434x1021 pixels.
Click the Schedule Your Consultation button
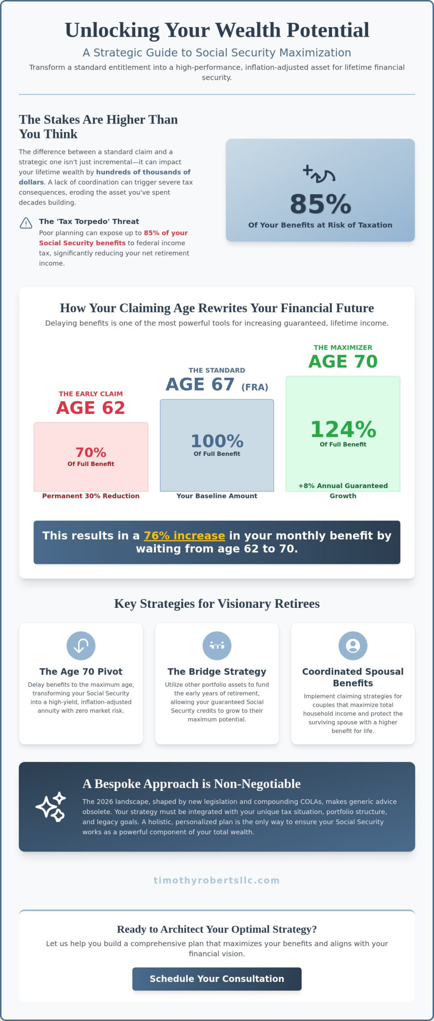(217, 978)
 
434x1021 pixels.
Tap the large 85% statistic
(320, 204)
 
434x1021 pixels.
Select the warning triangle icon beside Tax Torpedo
(26, 223)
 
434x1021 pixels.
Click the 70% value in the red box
(91, 452)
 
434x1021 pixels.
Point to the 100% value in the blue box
(217, 441)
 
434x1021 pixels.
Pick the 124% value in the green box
(343, 429)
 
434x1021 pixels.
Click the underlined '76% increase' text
(185, 535)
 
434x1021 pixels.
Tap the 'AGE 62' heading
(91, 408)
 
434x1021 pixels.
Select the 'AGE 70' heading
(343, 361)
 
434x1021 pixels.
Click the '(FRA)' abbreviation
(255, 387)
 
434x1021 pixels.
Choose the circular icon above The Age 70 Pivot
(81, 646)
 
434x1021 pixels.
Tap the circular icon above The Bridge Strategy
(217, 646)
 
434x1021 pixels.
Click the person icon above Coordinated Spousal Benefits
(353, 646)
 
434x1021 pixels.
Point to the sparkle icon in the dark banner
(51, 806)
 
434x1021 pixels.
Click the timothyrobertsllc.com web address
(217, 880)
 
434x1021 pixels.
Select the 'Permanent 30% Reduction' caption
(91, 496)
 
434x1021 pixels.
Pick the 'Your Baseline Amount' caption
(217, 496)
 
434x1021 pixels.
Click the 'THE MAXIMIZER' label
(343, 347)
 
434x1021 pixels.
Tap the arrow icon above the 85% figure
(319, 174)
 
